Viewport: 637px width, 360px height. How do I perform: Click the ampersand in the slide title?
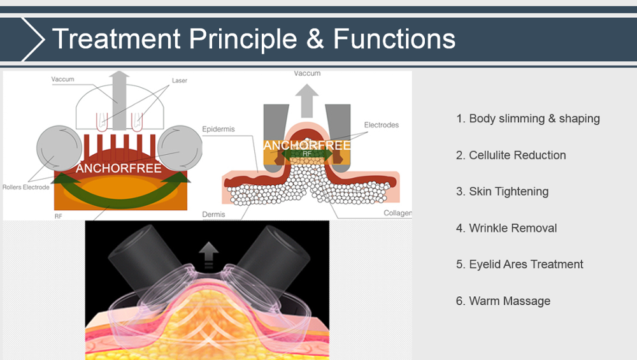(316, 39)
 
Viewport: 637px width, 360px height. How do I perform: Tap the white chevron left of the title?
(33, 40)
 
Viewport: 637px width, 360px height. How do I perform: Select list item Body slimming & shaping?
(528, 119)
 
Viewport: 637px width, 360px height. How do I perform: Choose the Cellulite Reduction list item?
(511, 155)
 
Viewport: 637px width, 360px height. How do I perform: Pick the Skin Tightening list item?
(502, 191)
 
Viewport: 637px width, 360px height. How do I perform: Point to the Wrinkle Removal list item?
(506, 228)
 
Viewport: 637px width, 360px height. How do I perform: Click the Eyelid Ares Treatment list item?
(520, 264)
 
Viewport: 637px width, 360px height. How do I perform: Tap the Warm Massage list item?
(503, 301)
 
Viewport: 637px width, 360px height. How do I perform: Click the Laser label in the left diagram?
(180, 81)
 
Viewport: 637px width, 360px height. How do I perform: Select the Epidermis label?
(218, 129)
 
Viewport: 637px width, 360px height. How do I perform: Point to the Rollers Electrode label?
(26, 187)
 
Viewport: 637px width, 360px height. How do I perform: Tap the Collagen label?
(397, 213)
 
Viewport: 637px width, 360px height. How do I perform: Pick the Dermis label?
(214, 215)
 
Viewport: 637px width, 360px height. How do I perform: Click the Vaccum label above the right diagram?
(307, 74)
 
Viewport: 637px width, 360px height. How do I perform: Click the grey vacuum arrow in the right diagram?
(307, 99)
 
